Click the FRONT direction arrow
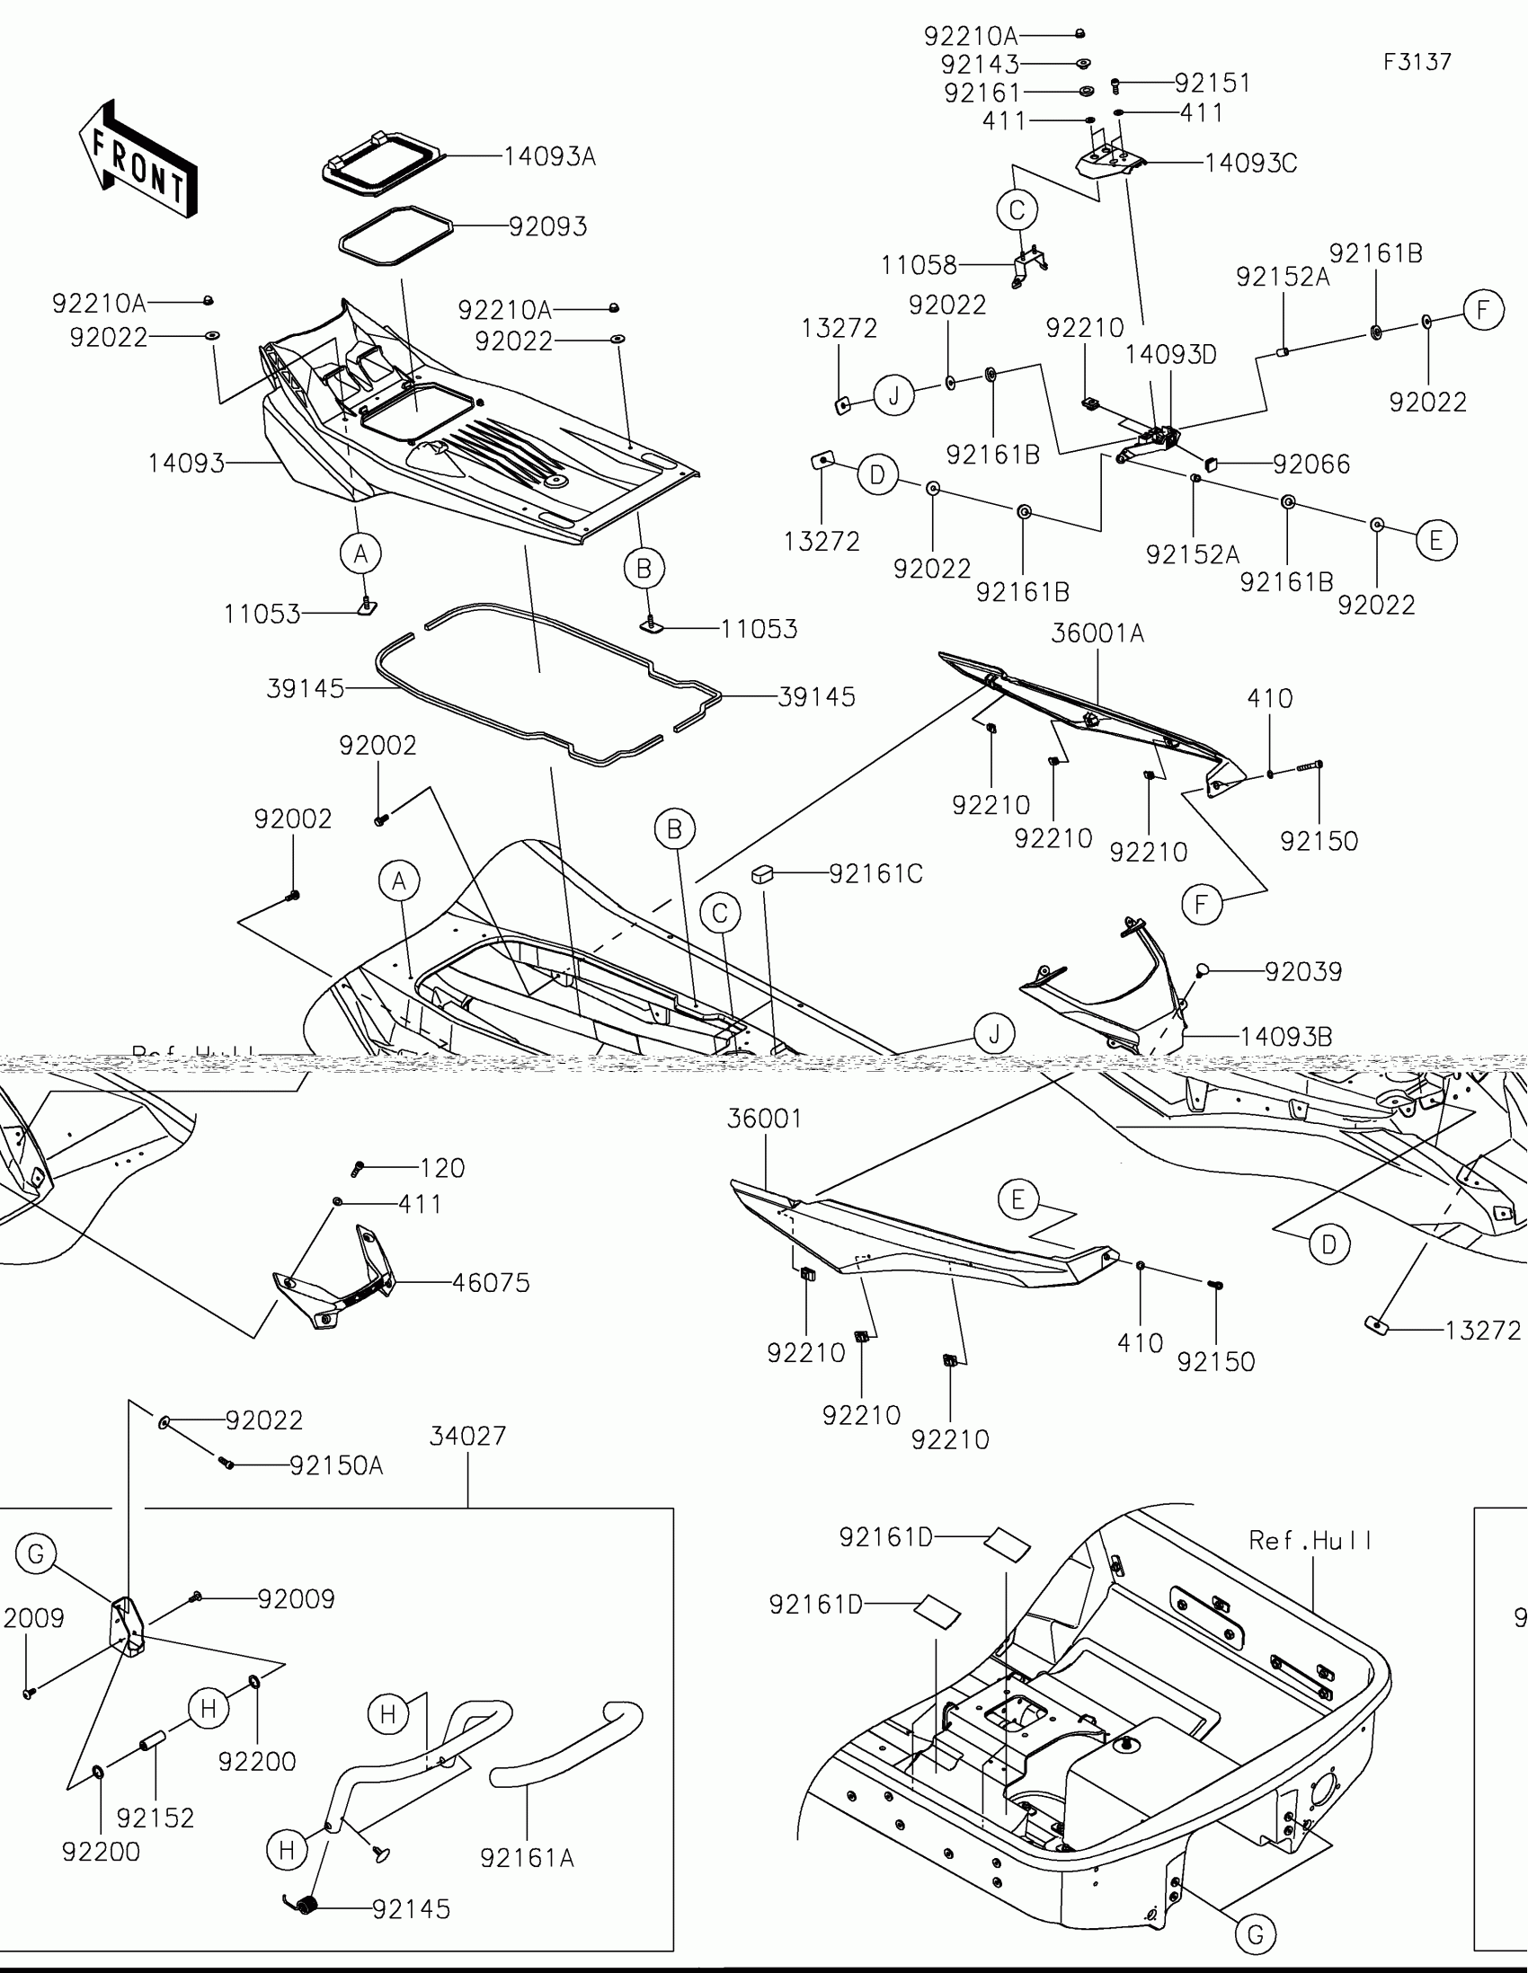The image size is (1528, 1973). (138, 159)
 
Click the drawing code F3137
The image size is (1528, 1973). (1417, 62)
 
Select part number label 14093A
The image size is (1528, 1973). (549, 157)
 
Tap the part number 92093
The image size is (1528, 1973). (547, 226)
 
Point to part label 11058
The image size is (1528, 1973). (919, 266)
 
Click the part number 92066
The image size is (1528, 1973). (1311, 464)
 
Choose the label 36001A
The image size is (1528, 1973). (1097, 634)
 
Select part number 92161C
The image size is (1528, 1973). (875, 874)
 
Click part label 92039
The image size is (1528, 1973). (1303, 972)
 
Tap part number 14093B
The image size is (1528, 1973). (1286, 1037)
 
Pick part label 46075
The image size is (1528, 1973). (491, 1283)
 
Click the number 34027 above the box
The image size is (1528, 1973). (467, 1437)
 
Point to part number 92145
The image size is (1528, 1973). (411, 1910)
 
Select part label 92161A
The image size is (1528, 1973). (527, 1858)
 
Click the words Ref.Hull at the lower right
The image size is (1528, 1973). (1310, 1541)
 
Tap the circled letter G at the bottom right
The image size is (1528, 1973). (1255, 1935)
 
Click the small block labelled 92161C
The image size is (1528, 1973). (762, 874)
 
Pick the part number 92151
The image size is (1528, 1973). (1213, 84)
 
